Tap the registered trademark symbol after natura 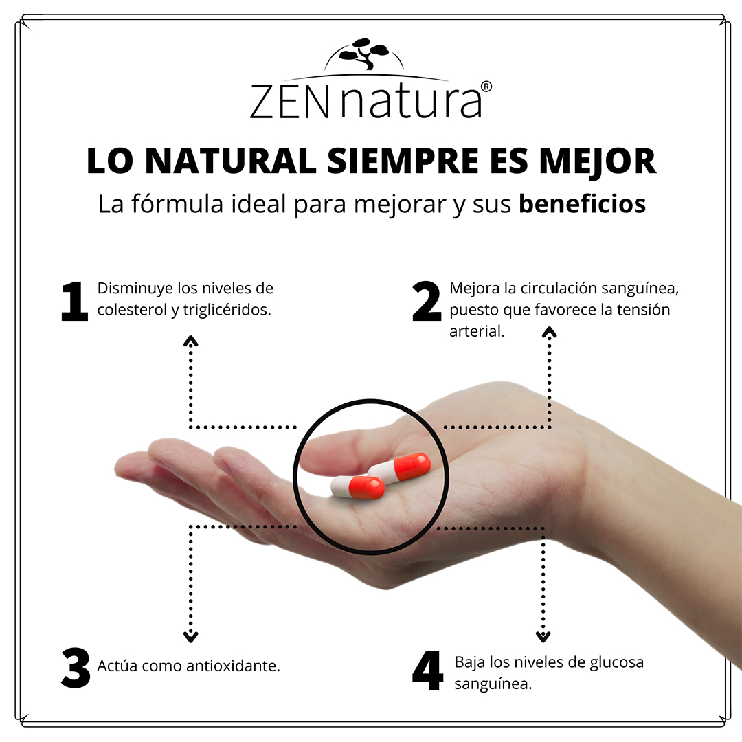485,87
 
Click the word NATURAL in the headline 232,161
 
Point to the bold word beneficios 582,204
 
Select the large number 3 76,668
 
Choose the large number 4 427,671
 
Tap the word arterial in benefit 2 476,331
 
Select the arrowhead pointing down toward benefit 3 191,637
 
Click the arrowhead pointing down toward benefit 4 543,636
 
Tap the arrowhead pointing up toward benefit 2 549,332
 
